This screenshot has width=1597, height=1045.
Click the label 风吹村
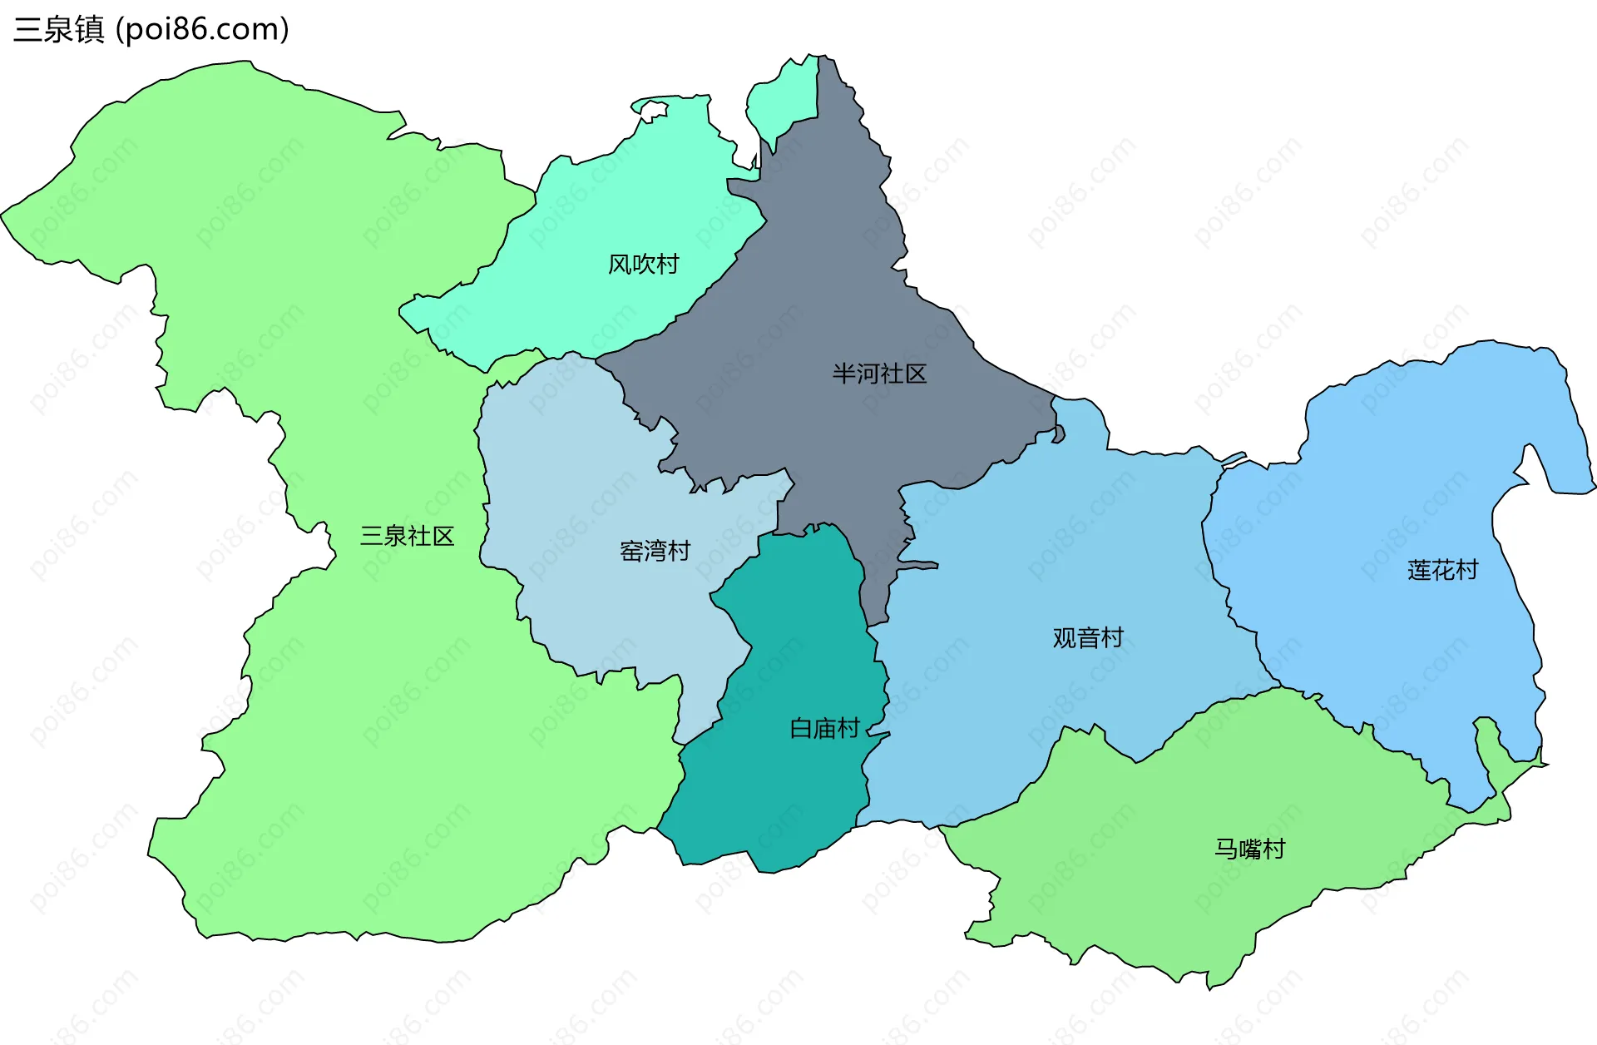pyautogui.click(x=643, y=265)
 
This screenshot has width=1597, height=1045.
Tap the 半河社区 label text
pyautogui.click(x=879, y=374)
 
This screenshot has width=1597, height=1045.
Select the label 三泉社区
pyautogui.click(x=407, y=536)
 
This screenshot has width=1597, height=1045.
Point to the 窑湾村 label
pyautogui.click(x=655, y=551)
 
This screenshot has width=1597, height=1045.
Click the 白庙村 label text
pyautogui.click(x=823, y=729)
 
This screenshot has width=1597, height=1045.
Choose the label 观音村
pyautogui.click(x=1088, y=638)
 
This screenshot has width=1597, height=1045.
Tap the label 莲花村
pyautogui.click(x=1442, y=570)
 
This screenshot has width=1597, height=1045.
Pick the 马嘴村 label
pyautogui.click(x=1249, y=849)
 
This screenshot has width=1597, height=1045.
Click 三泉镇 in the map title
pyautogui.click(x=58, y=30)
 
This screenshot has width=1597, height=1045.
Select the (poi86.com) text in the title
pyautogui.click(x=202, y=30)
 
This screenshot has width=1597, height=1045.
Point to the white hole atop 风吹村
pyautogui.click(x=654, y=109)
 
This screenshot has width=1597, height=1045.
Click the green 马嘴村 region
pyautogui.click(x=1164, y=899)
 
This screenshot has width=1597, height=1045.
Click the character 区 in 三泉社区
pyautogui.click(x=443, y=536)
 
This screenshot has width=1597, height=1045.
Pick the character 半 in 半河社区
pyautogui.click(x=844, y=374)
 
